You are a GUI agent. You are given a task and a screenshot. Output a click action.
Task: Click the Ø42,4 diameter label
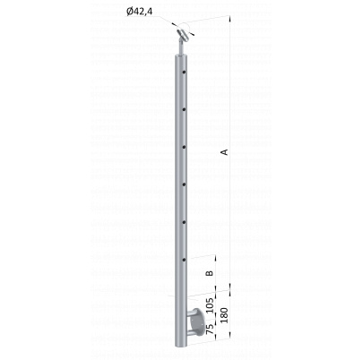pyautogui.click(x=139, y=12)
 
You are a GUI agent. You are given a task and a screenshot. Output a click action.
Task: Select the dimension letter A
pyautogui.click(x=225, y=152)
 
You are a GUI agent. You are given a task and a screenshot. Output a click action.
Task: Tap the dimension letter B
pyautogui.click(x=210, y=273)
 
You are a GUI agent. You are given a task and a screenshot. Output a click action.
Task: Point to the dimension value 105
pyautogui.click(x=210, y=305)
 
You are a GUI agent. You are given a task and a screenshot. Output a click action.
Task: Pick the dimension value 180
pyautogui.click(x=224, y=315)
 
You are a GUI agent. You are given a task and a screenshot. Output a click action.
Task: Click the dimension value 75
pyautogui.click(x=210, y=329)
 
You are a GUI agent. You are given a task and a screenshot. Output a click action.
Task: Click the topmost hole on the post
pyautogui.click(x=184, y=72)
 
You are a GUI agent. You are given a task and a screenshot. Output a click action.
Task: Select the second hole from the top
pyautogui.click(x=184, y=109)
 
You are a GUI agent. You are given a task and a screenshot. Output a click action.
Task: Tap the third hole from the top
pyautogui.click(x=184, y=147)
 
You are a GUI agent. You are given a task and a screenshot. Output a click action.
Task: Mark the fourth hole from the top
pyautogui.click(x=184, y=184)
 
